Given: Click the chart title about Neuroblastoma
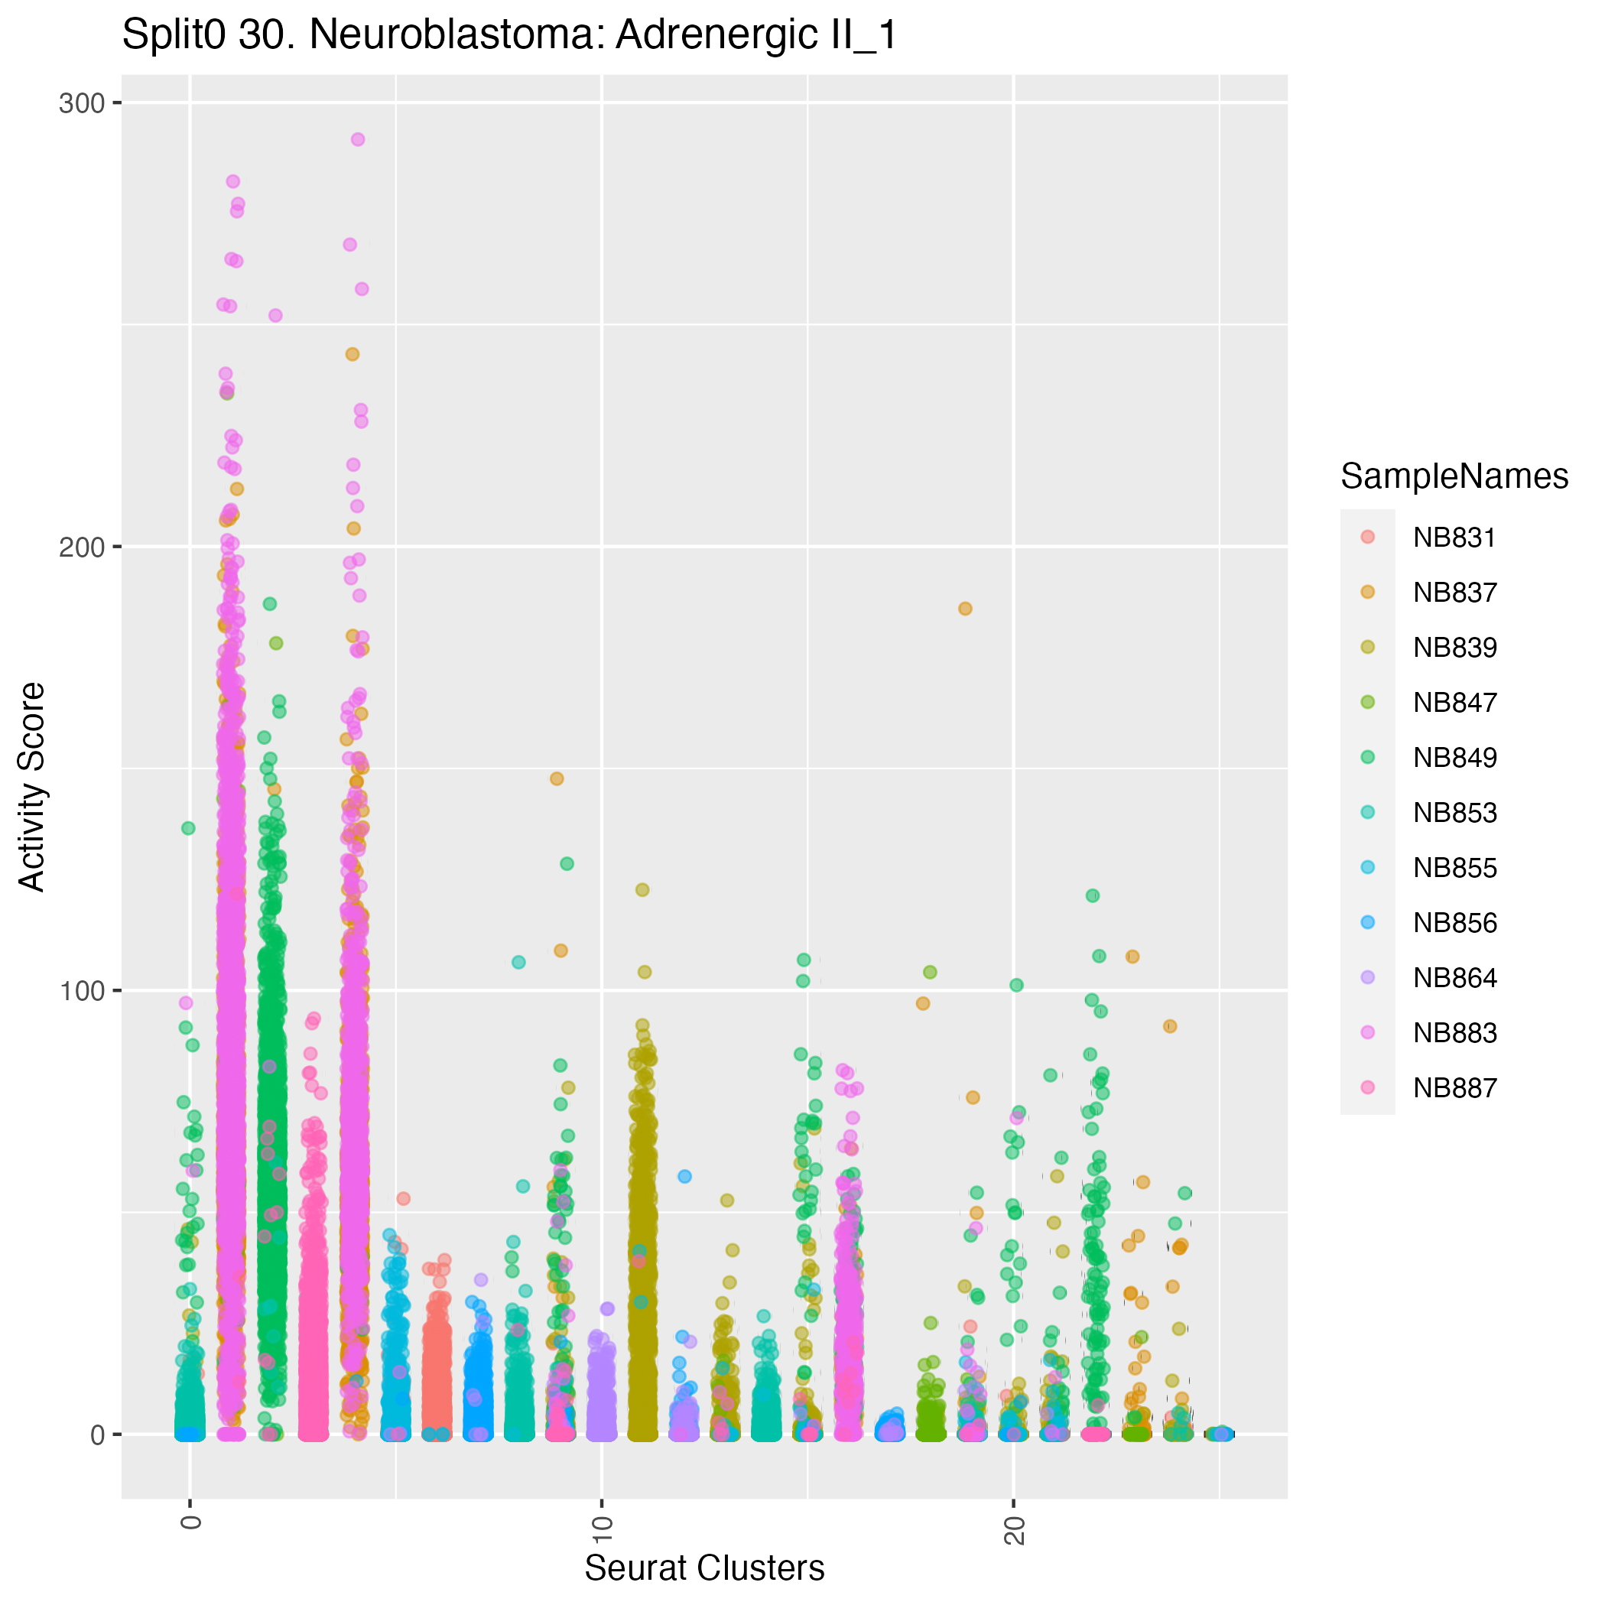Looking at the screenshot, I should pos(509,37).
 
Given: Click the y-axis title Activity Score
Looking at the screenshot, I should pos(33,786).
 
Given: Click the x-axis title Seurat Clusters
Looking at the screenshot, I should pos(704,1568).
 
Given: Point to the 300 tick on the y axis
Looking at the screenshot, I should pos(80,104).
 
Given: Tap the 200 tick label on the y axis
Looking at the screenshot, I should pos(80,547).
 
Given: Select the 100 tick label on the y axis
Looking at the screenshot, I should pos(80,991).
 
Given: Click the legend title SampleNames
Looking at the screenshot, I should pos(1454,476).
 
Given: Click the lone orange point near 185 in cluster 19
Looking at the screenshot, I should pos(965,609).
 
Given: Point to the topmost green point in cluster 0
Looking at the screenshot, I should pos(189,828).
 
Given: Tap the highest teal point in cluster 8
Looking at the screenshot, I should pos(518,962).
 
